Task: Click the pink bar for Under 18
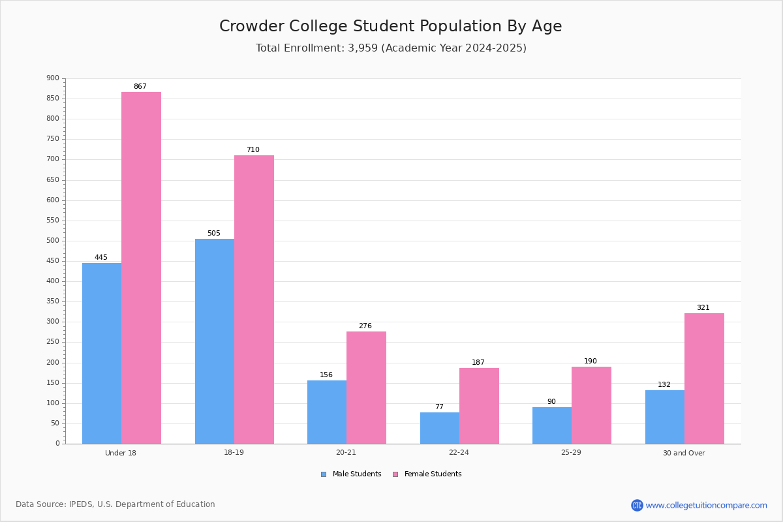(141, 268)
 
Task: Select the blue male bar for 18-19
(215, 341)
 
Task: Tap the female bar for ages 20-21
(366, 388)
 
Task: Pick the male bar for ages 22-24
(440, 428)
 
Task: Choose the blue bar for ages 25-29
(552, 425)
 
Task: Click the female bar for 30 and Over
(704, 378)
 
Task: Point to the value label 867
(140, 86)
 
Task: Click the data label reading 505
(214, 233)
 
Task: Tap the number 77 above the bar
(439, 407)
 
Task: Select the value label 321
(703, 307)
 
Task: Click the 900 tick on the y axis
(53, 78)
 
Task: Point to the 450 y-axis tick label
(53, 261)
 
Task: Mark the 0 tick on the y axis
(57, 443)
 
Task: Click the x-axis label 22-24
(459, 452)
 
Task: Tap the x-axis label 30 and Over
(684, 453)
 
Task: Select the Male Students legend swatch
(324, 474)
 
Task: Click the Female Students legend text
(433, 474)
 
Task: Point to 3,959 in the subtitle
(363, 48)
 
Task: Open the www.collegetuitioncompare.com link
(707, 505)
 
